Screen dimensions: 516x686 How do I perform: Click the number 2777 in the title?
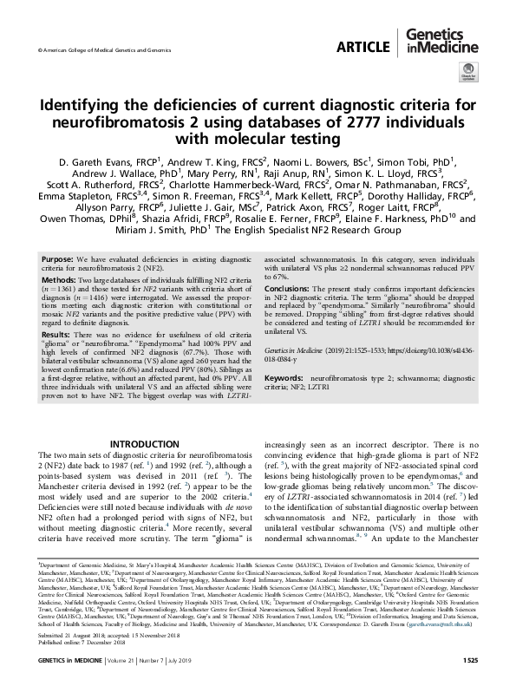click(x=356, y=121)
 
